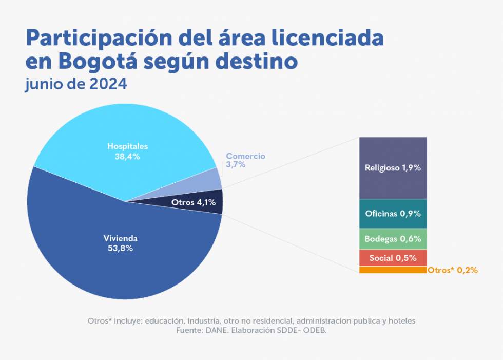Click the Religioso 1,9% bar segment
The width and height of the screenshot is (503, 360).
click(393, 167)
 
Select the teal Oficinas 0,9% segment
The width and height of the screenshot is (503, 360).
click(393, 214)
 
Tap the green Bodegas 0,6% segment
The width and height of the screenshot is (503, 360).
click(393, 239)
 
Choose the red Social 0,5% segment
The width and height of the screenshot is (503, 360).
click(393, 258)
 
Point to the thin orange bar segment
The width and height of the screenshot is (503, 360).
click(393, 270)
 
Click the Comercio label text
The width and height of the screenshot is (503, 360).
click(246, 156)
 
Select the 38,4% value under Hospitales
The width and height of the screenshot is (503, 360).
click(127, 156)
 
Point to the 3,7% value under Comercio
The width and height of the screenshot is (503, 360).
click(236, 165)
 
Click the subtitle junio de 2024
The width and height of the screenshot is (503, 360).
click(76, 84)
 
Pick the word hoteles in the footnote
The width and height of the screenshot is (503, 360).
click(401, 320)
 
